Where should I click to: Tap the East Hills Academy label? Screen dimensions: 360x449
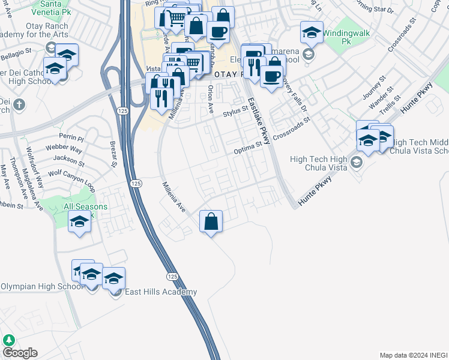160,292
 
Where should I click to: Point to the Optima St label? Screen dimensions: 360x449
248,148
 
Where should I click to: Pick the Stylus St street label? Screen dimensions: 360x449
235,112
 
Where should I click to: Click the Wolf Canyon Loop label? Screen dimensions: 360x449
71,178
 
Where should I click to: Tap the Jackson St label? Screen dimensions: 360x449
68,160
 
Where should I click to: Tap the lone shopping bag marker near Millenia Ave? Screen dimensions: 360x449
211,221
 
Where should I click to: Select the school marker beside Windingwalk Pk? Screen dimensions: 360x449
312,32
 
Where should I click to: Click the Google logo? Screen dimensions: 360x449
19,353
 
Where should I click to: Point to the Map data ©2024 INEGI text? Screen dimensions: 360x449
413,355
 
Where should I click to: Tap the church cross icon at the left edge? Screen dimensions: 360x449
19,105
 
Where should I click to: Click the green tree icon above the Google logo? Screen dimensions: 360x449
8,340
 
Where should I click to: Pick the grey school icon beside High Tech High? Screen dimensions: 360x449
357,163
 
